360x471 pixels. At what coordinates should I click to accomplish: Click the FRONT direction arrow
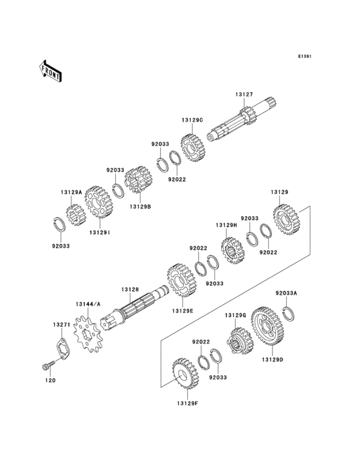click(50, 71)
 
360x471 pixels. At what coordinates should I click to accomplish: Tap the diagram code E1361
click(305, 56)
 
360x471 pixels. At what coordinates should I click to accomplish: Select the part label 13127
click(244, 95)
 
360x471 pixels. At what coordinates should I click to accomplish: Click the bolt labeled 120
click(48, 365)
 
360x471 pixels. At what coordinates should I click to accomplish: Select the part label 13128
click(130, 290)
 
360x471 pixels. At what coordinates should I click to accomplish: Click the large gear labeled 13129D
click(269, 326)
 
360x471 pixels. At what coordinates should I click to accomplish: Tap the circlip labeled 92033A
click(289, 313)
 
